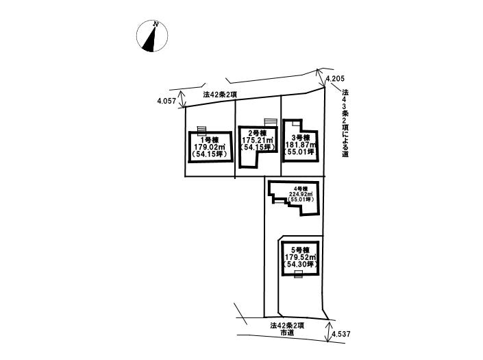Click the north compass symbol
(151, 36)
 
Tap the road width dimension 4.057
(167, 101)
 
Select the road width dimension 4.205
(335, 80)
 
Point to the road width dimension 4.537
(340, 335)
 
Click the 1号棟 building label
(211, 139)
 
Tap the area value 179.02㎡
(211, 147)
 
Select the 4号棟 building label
(299, 189)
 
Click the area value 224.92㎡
(299, 194)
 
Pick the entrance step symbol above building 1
(201, 130)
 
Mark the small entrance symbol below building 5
(298, 274)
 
